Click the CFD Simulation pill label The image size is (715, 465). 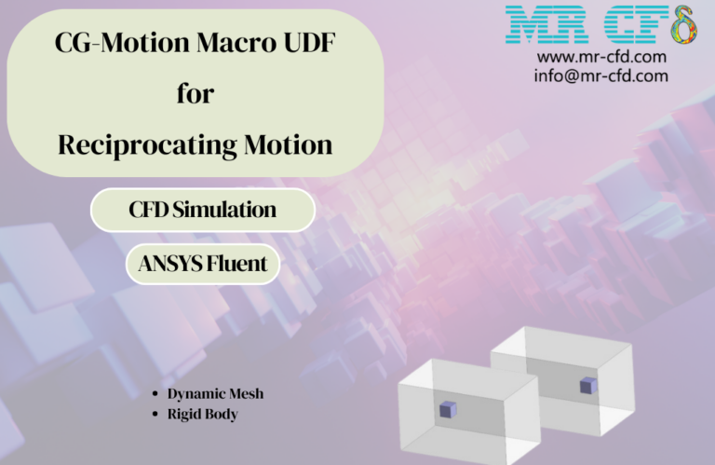pyautogui.click(x=202, y=210)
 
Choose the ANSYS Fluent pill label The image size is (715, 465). pyautogui.click(x=202, y=265)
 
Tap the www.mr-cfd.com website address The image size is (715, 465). pyautogui.click(x=601, y=58)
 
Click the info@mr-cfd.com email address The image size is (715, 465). pyautogui.click(x=601, y=75)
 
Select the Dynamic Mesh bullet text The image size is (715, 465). pyautogui.click(x=215, y=393)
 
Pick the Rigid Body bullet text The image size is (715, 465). pyautogui.click(x=202, y=414)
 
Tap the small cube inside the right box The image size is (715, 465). pyautogui.click(x=587, y=385)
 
